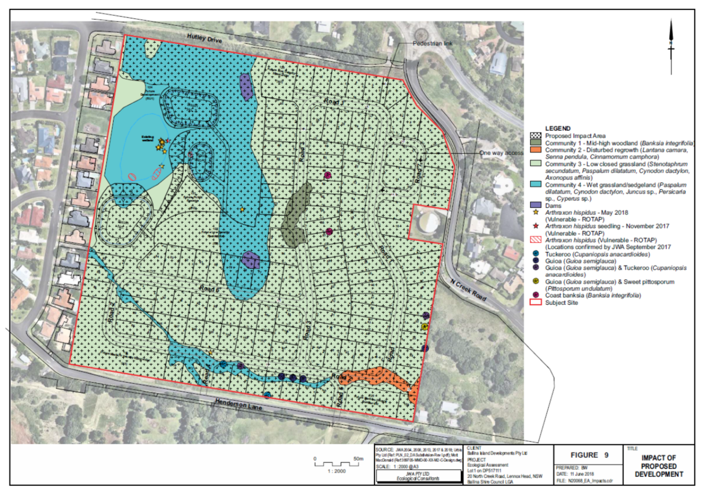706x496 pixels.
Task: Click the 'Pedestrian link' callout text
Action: click(x=432, y=43)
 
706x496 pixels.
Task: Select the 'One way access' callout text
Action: click(x=501, y=153)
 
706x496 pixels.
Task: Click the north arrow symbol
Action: click(x=671, y=42)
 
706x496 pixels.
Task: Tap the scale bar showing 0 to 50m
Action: click(x=337, y=464)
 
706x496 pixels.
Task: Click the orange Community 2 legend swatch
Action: click(x=536, y=150)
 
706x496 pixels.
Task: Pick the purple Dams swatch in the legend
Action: click(x=536, y=205)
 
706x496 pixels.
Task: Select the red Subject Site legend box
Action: click(x=536, y=303)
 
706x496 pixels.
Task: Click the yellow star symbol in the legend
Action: click(x=536, y=212)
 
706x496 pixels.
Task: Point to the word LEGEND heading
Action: click(x=558, y=129)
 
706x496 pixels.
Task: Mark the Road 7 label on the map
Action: click(x=418, y=174)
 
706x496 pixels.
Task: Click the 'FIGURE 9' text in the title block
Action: click(x=589, y=455)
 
